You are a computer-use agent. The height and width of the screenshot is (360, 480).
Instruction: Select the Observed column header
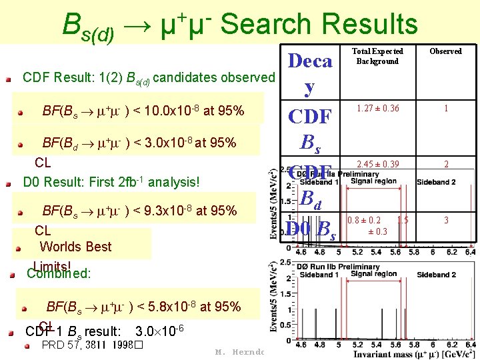pos(445,51)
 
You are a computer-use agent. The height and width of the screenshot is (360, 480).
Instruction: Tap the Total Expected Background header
pos(377,56)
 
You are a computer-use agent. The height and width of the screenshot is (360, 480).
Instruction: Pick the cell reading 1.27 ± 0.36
pos(377,108)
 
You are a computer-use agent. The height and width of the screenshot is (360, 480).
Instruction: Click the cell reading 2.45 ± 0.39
pos(377,164)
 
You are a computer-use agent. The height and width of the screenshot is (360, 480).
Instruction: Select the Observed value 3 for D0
pos(446,220)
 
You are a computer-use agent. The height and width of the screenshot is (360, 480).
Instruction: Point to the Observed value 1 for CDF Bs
pos(446,108)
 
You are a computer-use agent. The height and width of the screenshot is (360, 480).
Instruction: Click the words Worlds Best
pos(76,247)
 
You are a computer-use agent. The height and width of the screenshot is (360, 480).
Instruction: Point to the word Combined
pos(58,273)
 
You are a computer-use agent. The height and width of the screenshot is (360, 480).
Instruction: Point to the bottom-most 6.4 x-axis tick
pos(470,345)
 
